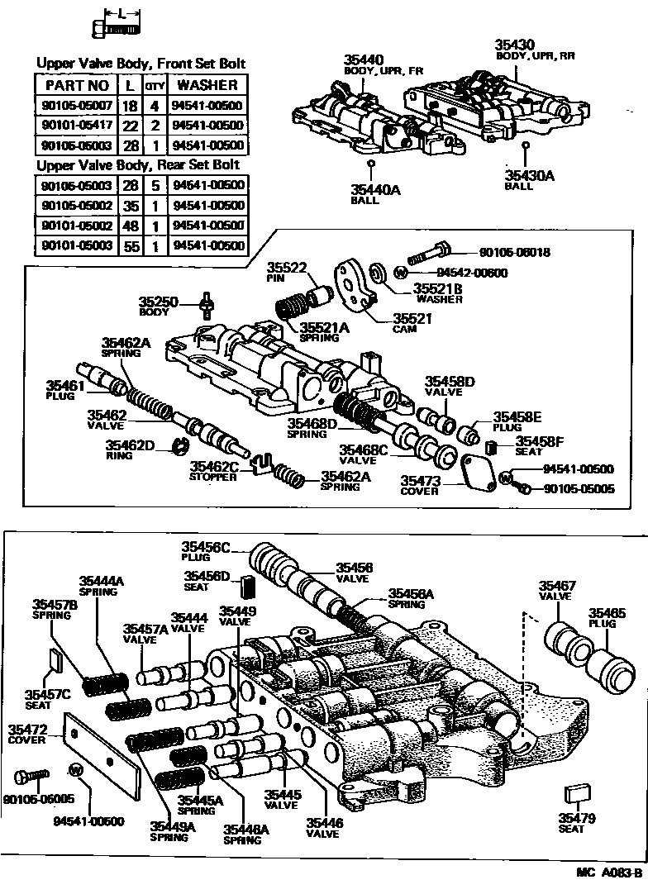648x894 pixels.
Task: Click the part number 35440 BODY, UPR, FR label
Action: click(x=364, y=59)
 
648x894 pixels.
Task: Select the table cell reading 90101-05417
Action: click(x=75, y=125)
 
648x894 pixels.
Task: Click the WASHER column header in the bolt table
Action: click(x=207, y=85)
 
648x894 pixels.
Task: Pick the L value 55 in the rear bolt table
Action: click(x=130, y=245)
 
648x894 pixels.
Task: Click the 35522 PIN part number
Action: click(x=287, y=267)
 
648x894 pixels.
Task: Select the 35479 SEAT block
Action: click(x=574, y=795)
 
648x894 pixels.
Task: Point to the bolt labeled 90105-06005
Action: click(x=32, y=777)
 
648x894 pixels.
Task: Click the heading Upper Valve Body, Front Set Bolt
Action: click(x=141, y=64)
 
